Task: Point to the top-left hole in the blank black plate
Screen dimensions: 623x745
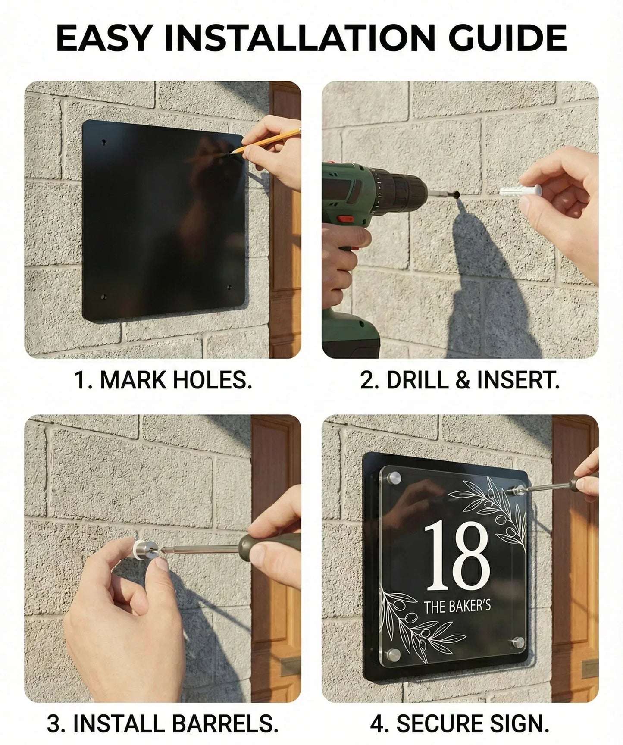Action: click(103, 142)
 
